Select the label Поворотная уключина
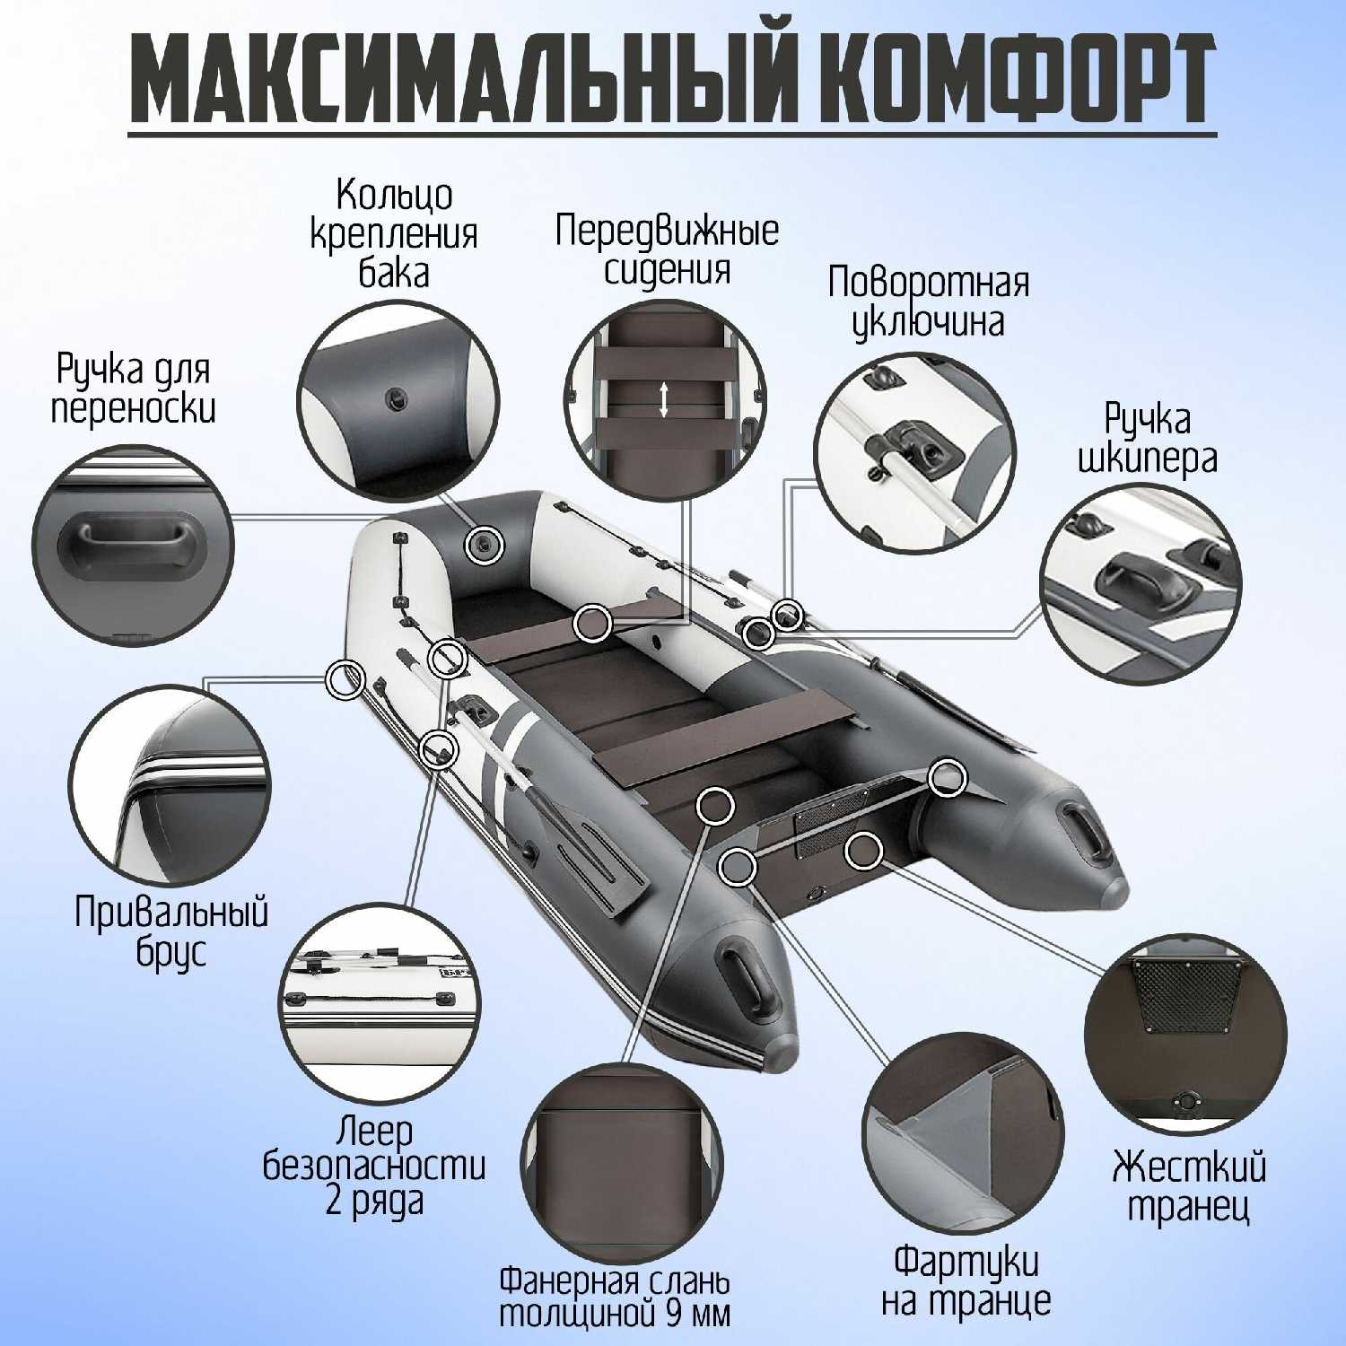tap(928, 302)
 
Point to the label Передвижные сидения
tap(667, 249)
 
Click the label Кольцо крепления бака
tap(394, 233)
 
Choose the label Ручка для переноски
tap(134, 389)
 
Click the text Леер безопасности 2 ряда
tap(374, 1165)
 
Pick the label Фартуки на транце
tap(966, 1280)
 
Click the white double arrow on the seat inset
tap(663, 399)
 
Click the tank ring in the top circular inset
tap(395, 399)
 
